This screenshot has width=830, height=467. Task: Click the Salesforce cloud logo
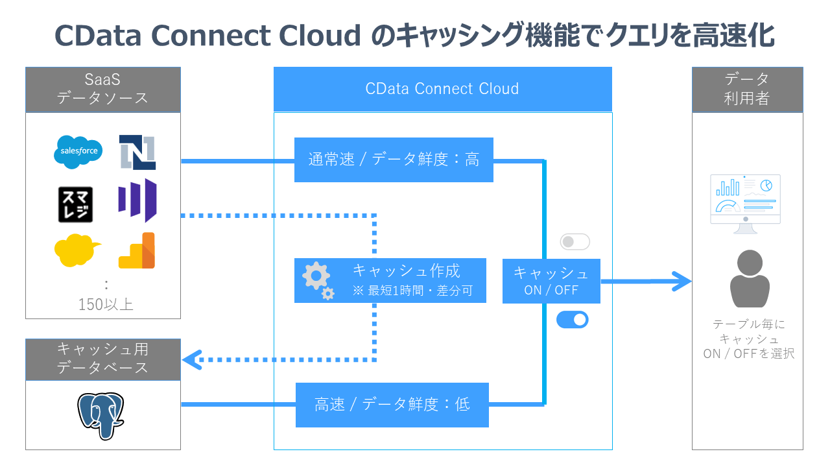78,152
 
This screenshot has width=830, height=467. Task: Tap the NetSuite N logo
137,152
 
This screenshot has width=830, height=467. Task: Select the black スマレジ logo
75,204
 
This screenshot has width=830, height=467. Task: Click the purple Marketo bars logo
137,200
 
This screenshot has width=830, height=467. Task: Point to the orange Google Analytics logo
137,251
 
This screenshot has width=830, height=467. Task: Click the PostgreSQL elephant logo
101,415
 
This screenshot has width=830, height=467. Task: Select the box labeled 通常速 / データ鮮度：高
394,160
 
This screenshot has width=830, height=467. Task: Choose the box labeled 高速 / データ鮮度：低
392,405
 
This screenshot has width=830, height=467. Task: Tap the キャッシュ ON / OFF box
551,281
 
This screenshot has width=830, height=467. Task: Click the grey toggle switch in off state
575,242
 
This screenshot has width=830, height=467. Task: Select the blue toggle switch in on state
573,319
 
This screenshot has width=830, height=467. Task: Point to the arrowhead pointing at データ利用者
681,281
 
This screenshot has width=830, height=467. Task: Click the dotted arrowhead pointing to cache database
192,359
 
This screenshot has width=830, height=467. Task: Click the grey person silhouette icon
749,279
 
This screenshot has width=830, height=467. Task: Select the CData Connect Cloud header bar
442,89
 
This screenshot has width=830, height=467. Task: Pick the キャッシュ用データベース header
103,359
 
